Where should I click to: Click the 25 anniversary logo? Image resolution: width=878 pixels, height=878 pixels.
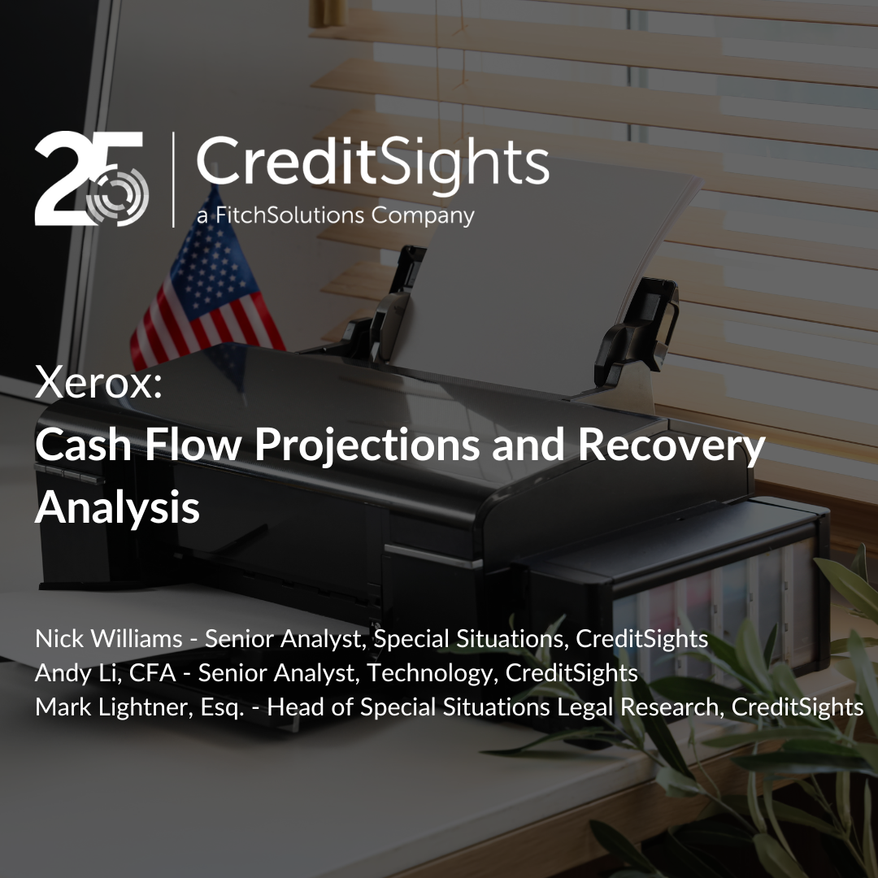(91, 179)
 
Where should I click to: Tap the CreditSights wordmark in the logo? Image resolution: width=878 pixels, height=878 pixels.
(372, 162)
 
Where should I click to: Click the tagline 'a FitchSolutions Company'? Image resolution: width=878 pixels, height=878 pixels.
(336, 215)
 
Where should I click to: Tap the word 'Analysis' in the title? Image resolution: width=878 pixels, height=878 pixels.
(118, 506)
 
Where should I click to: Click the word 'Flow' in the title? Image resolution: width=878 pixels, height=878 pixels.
(193, 444)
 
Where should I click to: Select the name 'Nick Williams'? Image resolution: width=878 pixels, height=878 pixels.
(109, 638)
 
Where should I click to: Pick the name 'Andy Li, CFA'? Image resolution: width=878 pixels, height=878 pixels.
(105, 673)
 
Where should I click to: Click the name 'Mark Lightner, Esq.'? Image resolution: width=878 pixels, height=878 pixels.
(140, 707)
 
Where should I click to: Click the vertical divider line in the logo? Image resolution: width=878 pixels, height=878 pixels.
(173, 180)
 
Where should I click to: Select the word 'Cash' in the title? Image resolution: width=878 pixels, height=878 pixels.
(83, 444)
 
